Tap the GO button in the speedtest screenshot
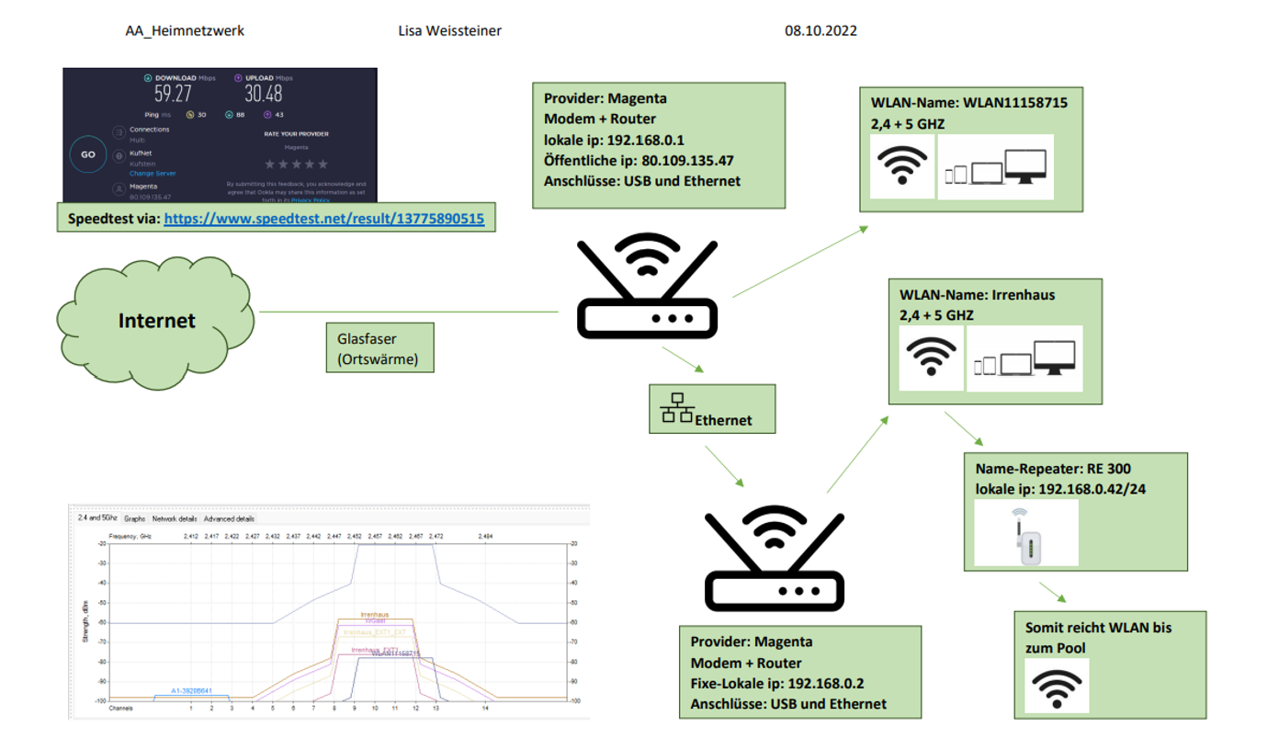coord(88,154)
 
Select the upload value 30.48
coord(263,94)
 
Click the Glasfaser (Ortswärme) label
coord(378,347)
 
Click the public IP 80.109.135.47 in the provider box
coord(684,161)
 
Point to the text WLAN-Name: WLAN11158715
coord(969,103)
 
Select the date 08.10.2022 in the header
coord(821,31)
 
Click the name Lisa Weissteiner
coord(450,31)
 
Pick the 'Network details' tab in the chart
coord(175,519)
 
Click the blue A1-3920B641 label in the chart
coord(191,690)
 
